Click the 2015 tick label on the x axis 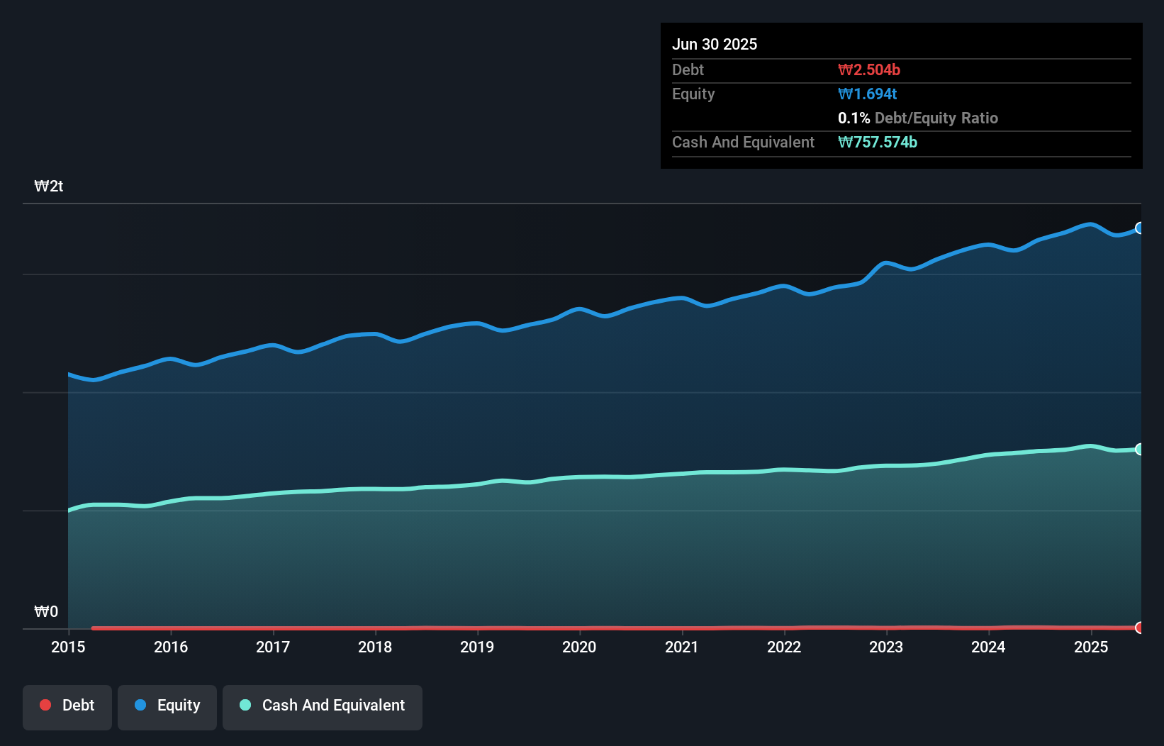pos(68,647)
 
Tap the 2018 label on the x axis pos(375,647)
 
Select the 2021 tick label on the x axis pos(682,647)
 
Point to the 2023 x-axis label pos(886,647)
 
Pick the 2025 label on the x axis pos(1091,647)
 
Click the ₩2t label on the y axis pos(49,186)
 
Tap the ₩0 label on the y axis pos(46,612)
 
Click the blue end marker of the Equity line pos(1140,228)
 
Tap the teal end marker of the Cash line pos(1140,449)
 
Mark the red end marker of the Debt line pos(1140,628)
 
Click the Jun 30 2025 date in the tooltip pos(715,45)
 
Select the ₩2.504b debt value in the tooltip pos(869,70)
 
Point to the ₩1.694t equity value pos(868,94)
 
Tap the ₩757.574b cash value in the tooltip pos(878,143)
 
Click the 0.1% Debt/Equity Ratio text pos(917,118)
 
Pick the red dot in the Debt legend pos(45,706)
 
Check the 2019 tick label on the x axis pos(477,647)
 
